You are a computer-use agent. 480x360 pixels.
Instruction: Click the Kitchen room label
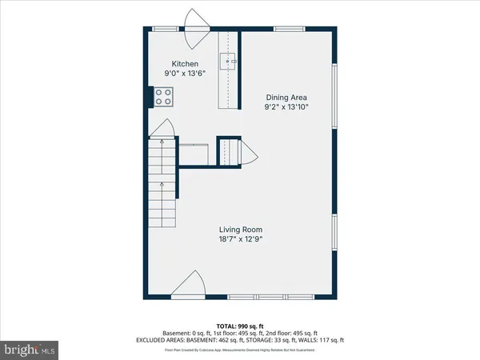click(185, 64)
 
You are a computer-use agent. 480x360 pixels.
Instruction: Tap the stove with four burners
click(163, 97)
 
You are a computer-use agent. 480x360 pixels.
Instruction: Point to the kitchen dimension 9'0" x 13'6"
click(185, 74)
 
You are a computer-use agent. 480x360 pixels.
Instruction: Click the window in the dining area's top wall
click(288, 30)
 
